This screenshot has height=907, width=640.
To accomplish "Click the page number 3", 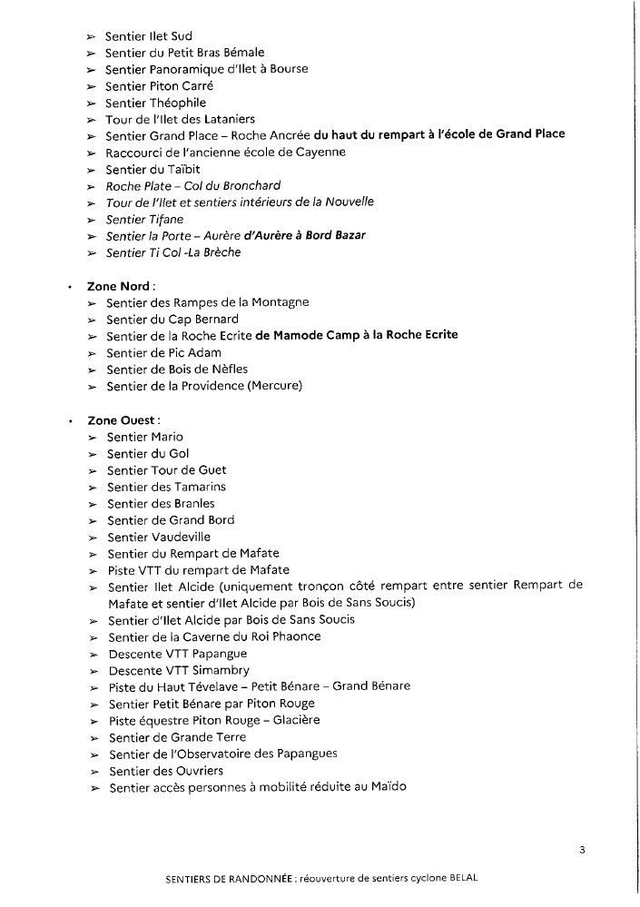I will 581,850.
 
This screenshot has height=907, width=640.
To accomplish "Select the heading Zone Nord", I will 118,286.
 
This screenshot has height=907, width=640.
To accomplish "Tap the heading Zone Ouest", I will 123,420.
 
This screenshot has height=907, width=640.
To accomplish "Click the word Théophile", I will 178,103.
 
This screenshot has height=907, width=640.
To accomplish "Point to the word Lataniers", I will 226,119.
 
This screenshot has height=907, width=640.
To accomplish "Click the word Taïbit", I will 180,169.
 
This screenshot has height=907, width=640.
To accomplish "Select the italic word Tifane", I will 165,219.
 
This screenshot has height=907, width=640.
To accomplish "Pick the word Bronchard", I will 228,186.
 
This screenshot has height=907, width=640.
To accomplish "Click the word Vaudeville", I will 181,537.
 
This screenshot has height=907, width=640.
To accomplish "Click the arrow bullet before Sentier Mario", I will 93,438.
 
